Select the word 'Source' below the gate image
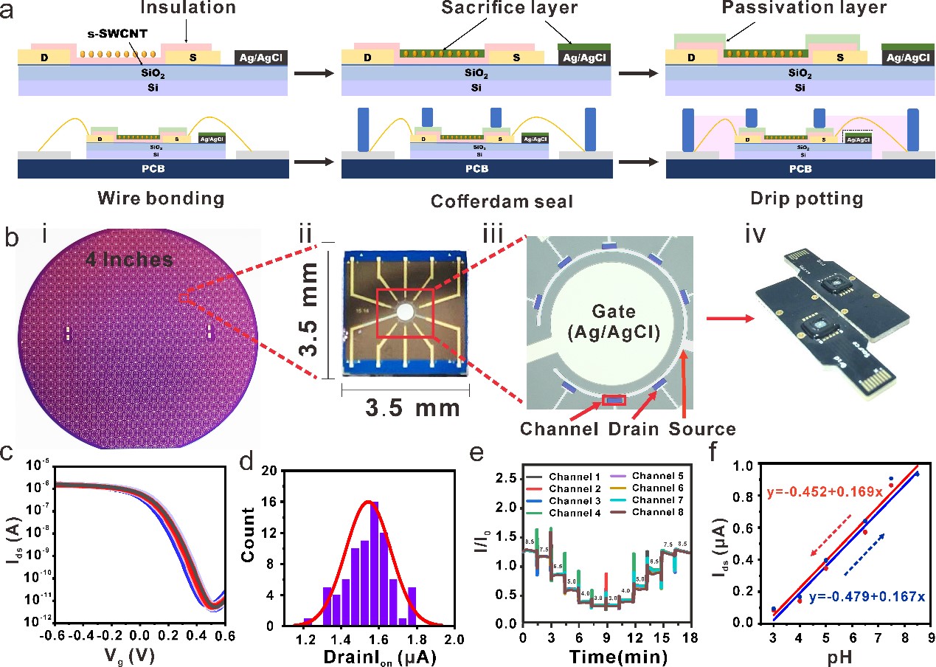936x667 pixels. [703, 429]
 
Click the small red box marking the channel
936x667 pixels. [614, 400]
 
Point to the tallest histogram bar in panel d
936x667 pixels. [375, 564]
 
